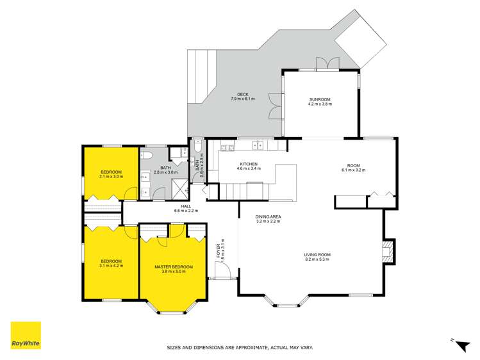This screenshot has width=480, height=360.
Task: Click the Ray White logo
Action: (x=26, y=335)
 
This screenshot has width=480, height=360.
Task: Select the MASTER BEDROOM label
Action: (x=173, y=267)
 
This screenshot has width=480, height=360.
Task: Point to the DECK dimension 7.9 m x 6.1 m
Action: (x=243, y=99)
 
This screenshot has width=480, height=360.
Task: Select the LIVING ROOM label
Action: (x=317, y=255)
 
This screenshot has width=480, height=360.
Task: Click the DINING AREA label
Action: (x=269, y=217)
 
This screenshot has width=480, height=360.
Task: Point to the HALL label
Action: (x=186, y=206)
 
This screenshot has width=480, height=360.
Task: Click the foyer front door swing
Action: (x=222, y=272)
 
